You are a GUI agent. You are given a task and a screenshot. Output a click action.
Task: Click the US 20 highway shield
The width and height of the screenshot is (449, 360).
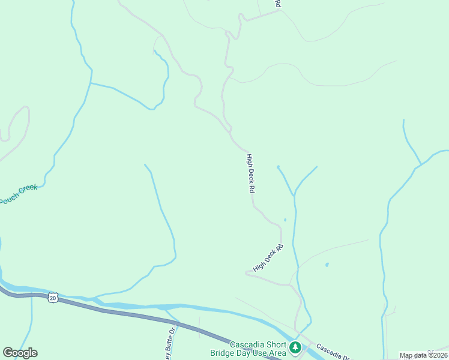tap(53, 298)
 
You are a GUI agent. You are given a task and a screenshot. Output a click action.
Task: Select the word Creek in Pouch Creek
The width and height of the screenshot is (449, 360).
tap(28, 190)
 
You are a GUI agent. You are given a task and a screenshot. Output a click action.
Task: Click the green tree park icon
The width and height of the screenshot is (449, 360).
tap(295, 347)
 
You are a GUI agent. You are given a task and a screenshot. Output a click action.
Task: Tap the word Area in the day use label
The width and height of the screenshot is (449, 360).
tap(276, 353)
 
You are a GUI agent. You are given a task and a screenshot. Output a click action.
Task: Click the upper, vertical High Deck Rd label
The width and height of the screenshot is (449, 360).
tap(252, 173)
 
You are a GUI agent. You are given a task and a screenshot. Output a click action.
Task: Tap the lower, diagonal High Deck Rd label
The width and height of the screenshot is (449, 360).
tap(268, 259)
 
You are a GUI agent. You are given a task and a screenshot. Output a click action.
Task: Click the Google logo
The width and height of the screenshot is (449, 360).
tap(20, 353)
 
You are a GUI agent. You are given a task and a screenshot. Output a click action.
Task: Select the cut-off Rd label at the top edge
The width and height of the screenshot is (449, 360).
tap(278, 4)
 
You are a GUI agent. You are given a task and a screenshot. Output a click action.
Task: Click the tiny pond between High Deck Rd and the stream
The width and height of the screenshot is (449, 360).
tap(285, 220)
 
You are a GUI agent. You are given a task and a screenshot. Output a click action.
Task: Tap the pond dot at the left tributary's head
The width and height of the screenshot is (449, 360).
tap(277, 167)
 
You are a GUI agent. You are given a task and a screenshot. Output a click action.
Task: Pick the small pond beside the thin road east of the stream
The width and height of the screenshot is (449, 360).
tap(327, 264)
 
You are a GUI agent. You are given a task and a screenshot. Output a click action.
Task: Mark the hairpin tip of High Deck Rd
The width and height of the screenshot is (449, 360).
tap(247, 273)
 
